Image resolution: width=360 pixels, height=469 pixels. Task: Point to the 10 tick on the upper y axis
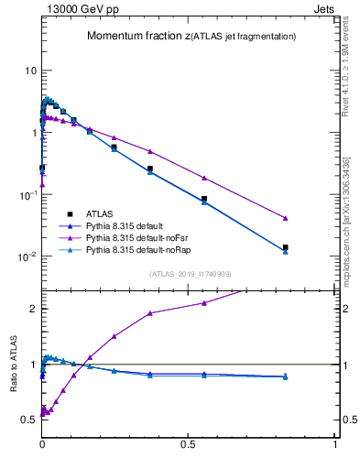click(30, 71)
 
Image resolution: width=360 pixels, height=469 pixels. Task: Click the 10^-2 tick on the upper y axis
click(28, 256)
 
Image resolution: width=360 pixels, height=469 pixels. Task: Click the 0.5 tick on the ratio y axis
click(30, 420)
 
